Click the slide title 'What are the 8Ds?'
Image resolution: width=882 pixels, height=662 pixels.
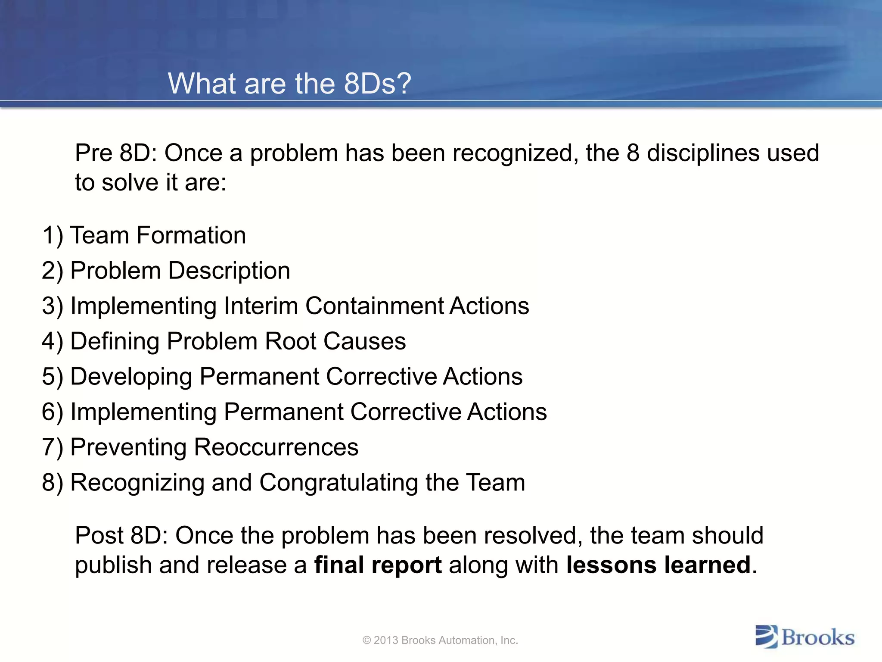[x=289, y=83]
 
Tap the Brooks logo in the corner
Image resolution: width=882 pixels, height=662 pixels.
[x=804, y=637]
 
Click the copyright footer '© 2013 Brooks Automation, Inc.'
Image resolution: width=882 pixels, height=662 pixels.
[x=440, y=640]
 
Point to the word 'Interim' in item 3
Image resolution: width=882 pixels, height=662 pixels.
[x=261, y=306]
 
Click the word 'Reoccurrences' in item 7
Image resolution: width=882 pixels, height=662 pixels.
[x=276, y=447]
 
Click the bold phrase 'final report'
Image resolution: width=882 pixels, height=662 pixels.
[x=378, y=565]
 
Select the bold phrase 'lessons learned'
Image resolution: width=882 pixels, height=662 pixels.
[x=658, y=565]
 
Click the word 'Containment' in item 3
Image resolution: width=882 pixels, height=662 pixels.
[x=374, y=306]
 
